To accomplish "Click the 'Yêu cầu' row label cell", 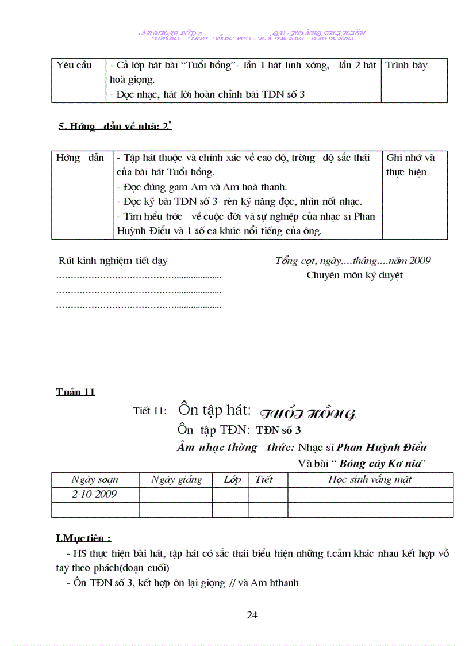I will click(74, 65).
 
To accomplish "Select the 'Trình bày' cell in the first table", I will click(406, 65).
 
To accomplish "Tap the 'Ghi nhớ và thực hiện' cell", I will click(410, 165).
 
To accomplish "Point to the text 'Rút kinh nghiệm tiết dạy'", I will click(113, 261).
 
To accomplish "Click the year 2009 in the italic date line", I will click(420, 261).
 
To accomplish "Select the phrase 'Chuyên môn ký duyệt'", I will click(355, 275).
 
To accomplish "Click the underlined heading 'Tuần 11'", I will click(75, 392).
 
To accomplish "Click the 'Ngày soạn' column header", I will click(95, 480).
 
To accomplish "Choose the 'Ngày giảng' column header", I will click(176, 480).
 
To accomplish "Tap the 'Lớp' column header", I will click(232, 480).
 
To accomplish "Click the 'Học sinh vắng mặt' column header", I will click(370, 480).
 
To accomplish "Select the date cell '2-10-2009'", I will click(95, 494).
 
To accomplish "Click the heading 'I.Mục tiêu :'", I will click(83, 538).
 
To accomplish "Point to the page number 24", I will click(252, 615).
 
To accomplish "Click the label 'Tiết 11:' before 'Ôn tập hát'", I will click(149, 411).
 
